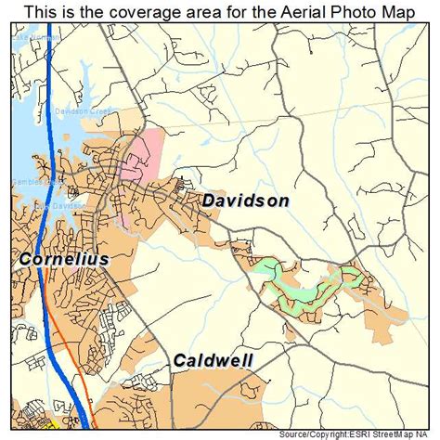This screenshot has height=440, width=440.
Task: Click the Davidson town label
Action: point(245,201)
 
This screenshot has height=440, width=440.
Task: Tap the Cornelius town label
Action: point(62,260)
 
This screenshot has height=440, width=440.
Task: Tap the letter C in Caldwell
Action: point(177,360)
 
